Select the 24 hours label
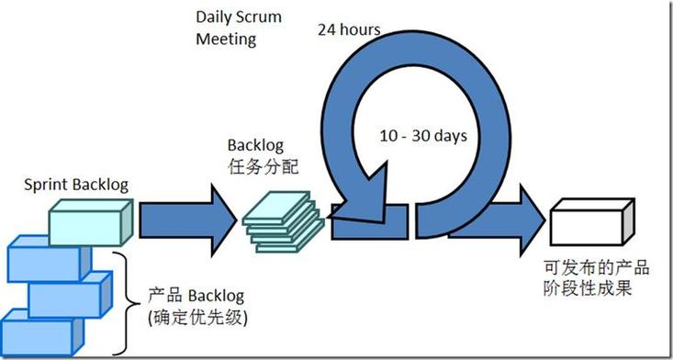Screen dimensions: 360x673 coord(349,29)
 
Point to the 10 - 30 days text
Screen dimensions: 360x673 coord(423,135)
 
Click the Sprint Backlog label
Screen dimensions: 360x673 coord(76,185)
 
